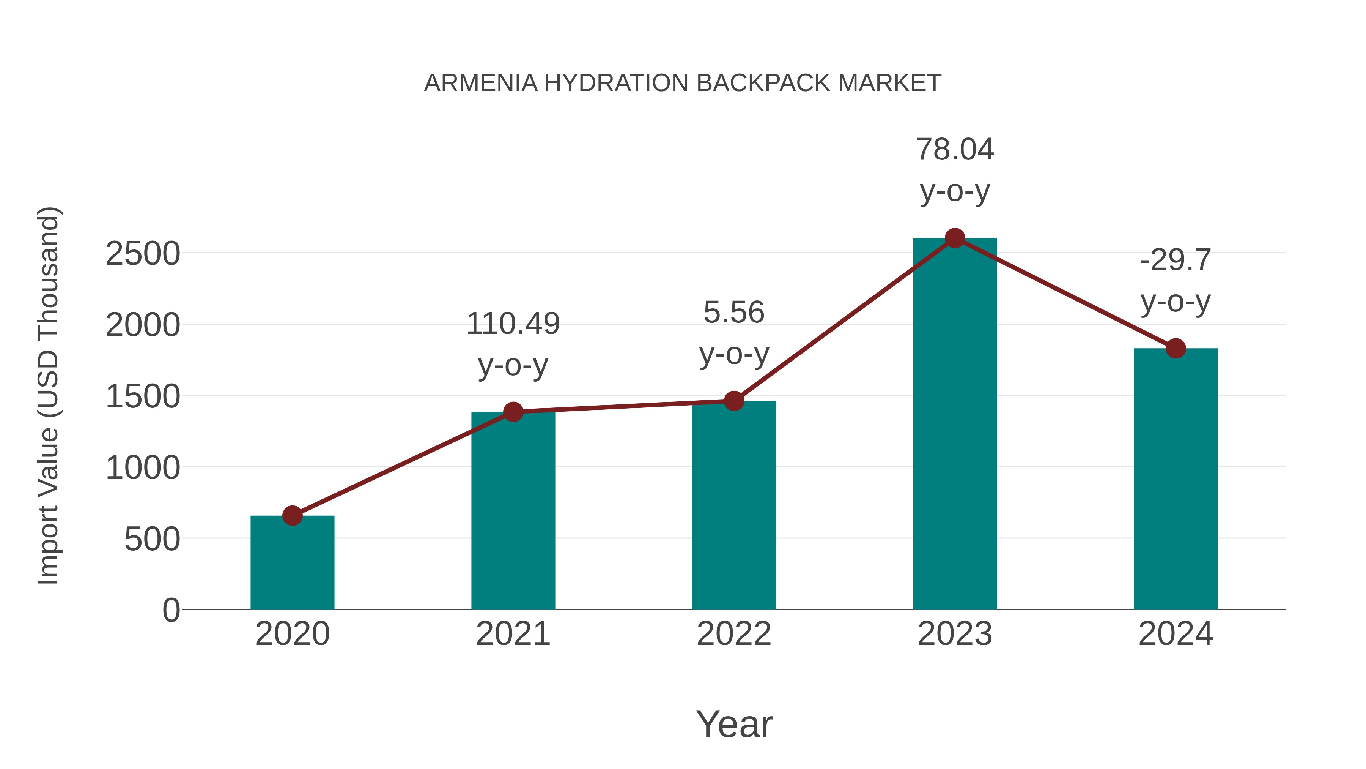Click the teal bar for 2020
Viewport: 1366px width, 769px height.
pos(292,562)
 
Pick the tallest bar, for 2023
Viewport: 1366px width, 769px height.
pos(955,425)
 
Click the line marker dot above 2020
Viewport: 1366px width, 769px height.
pos(292,515)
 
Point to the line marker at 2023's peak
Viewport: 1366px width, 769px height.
pos(955,238)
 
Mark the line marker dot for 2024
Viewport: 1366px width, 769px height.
pos(1176,349)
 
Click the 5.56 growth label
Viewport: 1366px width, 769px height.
pos(734,312)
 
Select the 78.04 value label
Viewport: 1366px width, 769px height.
pos(955,149)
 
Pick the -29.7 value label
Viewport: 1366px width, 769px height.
pos(1176,260)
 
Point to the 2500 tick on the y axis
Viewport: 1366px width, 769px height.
pos(143,254)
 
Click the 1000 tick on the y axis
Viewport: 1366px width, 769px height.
pos(143,468)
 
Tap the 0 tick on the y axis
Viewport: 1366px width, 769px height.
pos(171,610)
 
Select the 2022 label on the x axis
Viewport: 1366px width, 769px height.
pos(734,634)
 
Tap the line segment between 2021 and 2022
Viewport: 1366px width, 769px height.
pos(623,406)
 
